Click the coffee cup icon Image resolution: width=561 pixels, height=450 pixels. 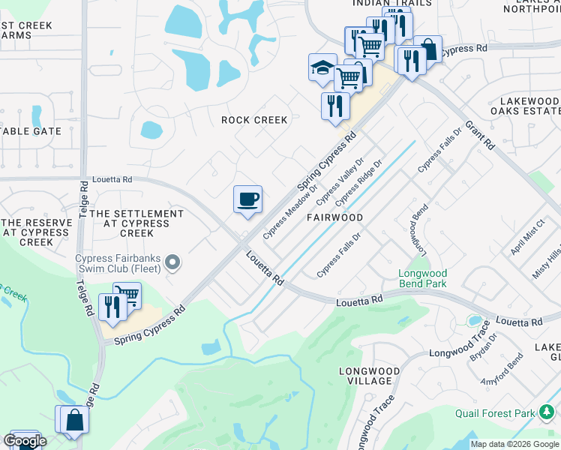point(248,199)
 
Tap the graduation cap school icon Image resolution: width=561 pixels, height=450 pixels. point(322,68)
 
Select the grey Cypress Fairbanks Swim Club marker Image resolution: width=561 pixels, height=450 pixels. point(173,262)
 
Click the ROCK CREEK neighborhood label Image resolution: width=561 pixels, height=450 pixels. point(254,120)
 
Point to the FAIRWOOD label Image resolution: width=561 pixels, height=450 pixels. point(334,217)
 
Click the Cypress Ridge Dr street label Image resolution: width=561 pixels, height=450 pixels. point(358,183)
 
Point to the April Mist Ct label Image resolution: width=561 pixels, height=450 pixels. point(527,238)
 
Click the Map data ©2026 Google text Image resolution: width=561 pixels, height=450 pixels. point(514,444)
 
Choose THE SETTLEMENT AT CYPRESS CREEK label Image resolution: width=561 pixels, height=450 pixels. point(136,223)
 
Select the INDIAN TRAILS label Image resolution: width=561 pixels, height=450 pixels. point(391,3)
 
